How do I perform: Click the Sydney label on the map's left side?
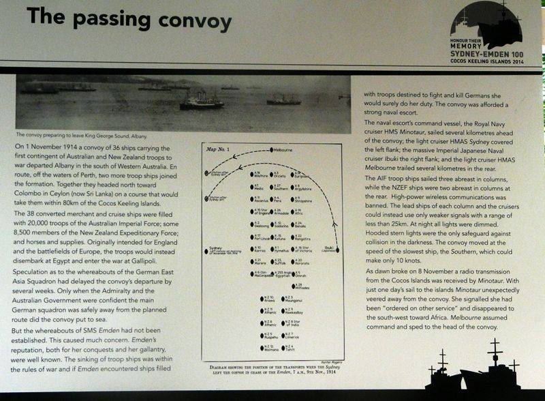click(x=213, y=248)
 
